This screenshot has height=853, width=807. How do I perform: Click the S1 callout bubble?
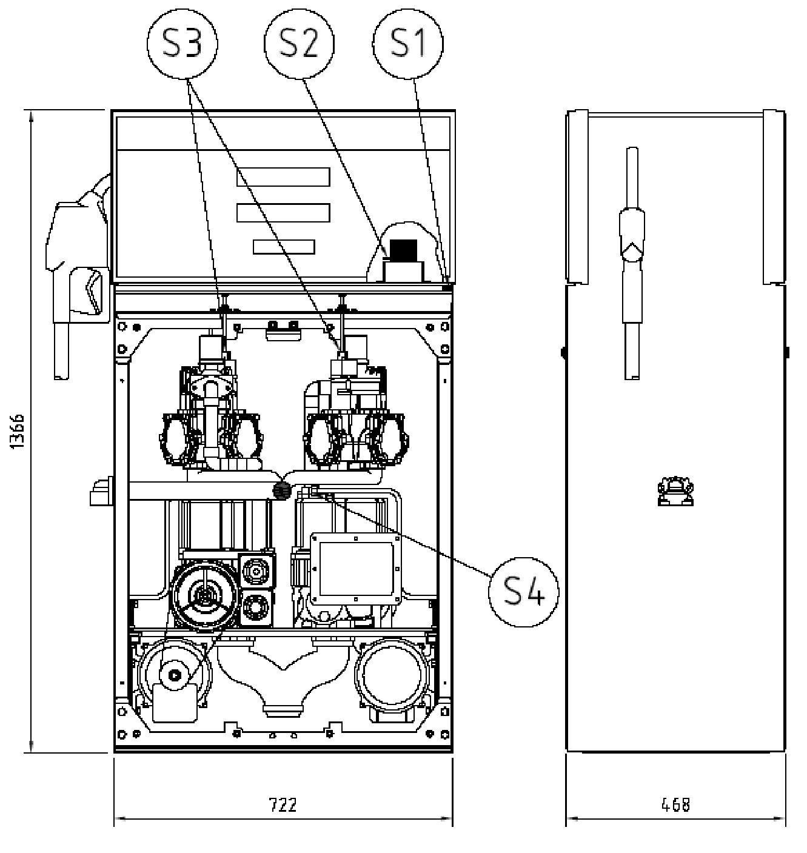(407, 44)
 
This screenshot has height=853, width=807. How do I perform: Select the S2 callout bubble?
(299, 44)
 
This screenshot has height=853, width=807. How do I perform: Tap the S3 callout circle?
(182, 44)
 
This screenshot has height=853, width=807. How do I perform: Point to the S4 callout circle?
(523, 592)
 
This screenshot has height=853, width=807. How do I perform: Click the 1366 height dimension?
(18, 431)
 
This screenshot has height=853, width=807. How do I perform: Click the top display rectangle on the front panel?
(283, 177)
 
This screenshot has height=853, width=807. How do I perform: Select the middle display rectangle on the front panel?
(283, 213)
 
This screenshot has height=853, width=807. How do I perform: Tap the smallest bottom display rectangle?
(284, 247)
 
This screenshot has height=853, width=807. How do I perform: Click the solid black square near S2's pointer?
(403, 250)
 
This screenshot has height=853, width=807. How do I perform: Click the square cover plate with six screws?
(356, 569)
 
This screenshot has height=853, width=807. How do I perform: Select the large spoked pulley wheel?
(204, 597)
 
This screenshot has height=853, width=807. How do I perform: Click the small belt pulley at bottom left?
(175, 675)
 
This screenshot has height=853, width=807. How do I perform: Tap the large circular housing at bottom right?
(392, 675)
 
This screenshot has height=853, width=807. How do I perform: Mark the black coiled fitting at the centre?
(282, 490)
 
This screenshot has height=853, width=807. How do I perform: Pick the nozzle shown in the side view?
(632, 263)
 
